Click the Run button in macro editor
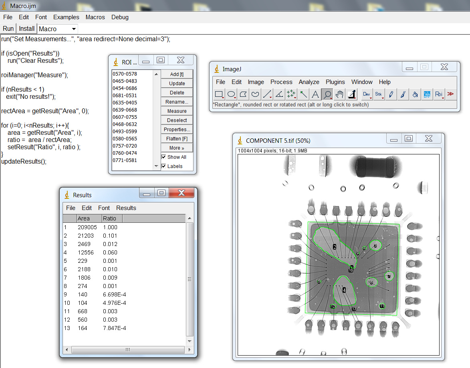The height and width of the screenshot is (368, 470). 8,29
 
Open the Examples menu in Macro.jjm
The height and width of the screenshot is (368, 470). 66,17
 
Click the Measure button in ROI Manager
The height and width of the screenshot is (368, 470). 177,111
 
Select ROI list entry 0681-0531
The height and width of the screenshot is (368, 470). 125,96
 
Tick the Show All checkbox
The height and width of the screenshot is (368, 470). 164,157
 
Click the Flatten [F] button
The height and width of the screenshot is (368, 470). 177,138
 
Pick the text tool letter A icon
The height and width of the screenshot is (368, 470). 315,94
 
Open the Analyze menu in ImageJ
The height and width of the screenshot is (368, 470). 309,82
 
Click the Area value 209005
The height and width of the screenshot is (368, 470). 87,227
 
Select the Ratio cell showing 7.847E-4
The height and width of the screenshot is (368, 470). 114,328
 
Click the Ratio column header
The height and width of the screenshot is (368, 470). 109,218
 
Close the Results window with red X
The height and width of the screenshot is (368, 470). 181,193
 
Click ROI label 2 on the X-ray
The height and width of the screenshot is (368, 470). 334,247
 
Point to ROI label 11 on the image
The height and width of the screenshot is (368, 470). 382,306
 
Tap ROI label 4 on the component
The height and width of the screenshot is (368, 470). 344,290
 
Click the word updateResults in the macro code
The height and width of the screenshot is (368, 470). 22,162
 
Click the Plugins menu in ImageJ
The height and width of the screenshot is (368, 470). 335,82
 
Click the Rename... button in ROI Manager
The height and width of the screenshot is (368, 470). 177,102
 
